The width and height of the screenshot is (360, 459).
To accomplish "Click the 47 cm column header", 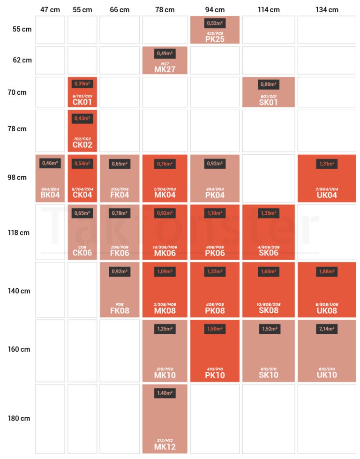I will coord(50,9).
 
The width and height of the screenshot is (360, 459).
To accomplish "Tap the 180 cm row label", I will coord(19,418).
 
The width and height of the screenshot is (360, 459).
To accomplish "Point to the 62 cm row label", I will coord(22,60).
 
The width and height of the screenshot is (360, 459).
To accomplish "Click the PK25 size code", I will coord(214,39).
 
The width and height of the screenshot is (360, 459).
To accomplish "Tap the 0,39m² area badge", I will coord(82,84).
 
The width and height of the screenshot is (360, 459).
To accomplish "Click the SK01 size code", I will coord(268,102).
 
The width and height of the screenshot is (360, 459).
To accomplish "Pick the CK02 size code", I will coord(82,144).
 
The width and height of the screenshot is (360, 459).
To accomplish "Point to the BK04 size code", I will coord(50,195).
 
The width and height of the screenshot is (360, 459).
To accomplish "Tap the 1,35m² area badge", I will coord(268,213).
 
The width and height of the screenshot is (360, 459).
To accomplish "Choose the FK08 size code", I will coord(119,310).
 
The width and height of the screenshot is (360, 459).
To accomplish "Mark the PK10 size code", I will coord(214,375).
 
